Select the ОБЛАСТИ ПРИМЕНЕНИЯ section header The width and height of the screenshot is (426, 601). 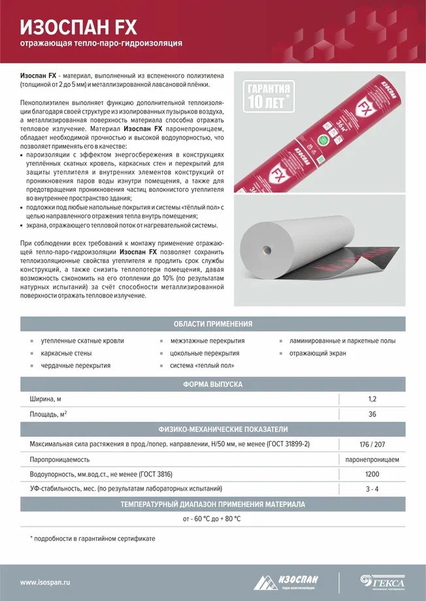pos(213,324)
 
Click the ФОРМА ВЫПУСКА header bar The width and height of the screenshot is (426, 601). pos(213,385)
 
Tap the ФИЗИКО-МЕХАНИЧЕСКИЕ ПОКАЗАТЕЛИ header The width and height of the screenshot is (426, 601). pos(213,429)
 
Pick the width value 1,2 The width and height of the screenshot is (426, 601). pos(372,399)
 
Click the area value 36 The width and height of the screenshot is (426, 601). pos(372,414)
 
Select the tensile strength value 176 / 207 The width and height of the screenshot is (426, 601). pos(372,444)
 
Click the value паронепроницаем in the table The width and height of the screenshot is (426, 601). pos(372,459)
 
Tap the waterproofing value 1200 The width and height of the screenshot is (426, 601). pos(372,474)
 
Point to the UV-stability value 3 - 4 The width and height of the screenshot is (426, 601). pos(372,489)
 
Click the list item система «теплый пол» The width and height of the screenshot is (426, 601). pos(202,365)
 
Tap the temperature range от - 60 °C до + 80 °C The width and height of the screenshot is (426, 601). pos(212,519)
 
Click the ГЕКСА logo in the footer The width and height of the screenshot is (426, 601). pos(384,581)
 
